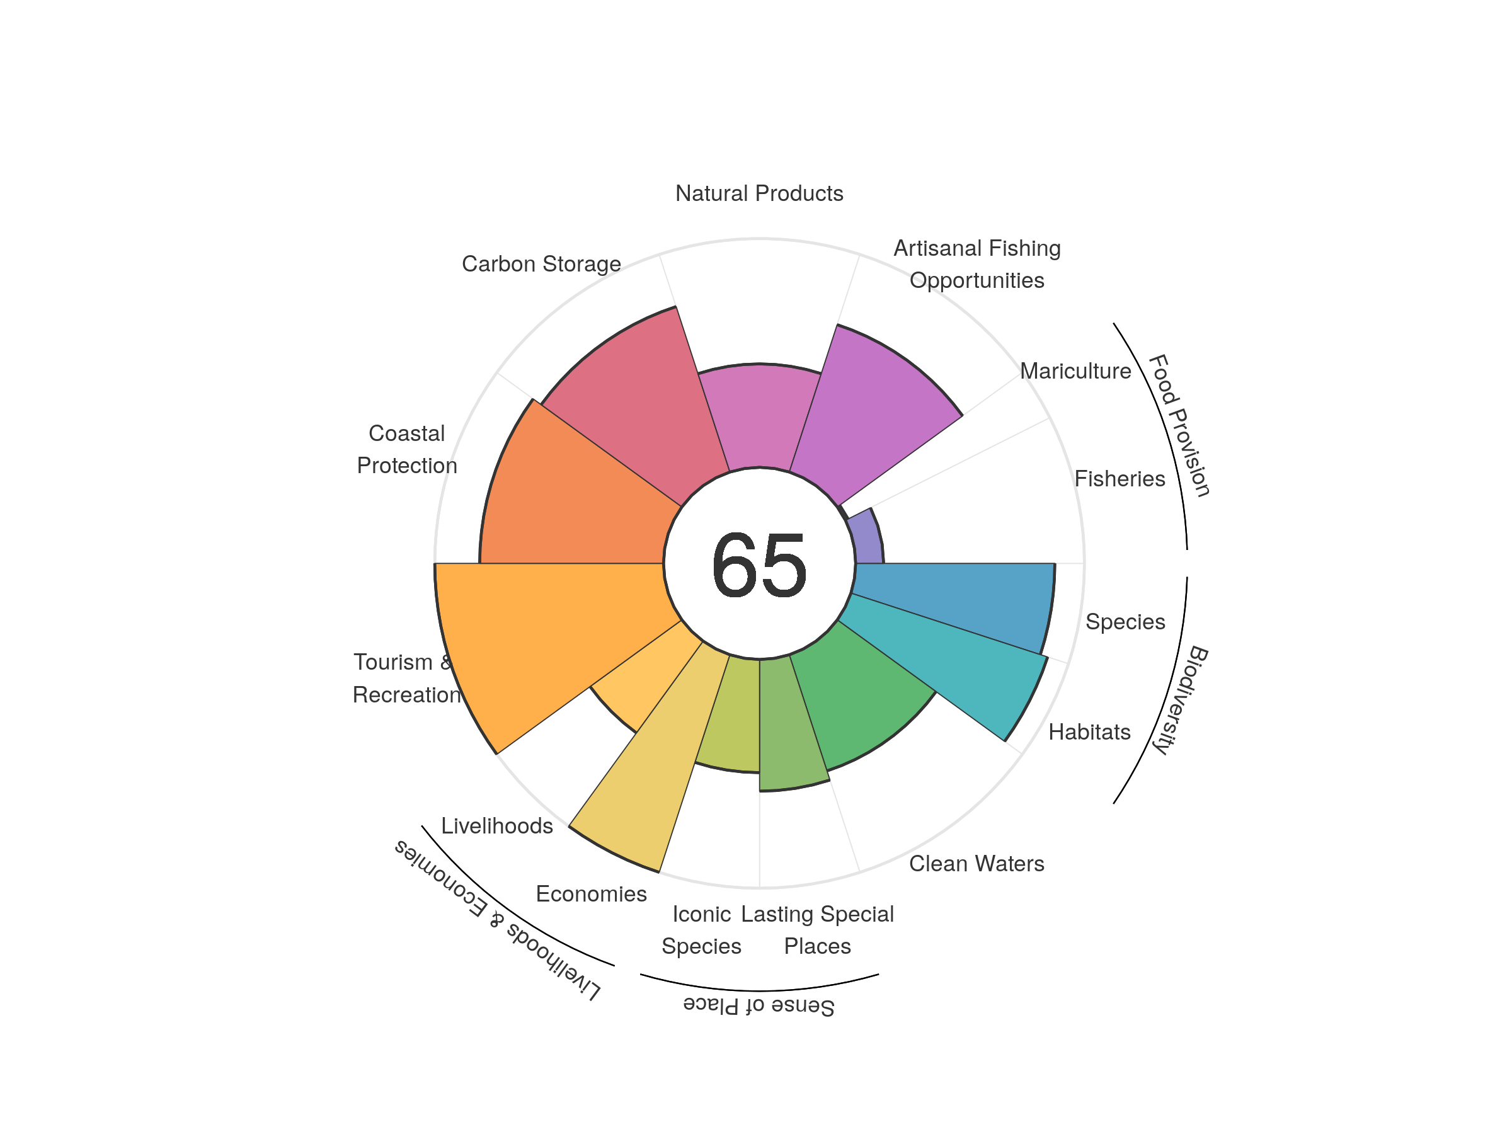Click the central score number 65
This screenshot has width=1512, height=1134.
tap(759, 564)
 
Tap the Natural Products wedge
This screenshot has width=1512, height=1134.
tap(759, 417)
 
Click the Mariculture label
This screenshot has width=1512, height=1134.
tap(1075, 371)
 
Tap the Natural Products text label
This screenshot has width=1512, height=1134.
tap(759, 193)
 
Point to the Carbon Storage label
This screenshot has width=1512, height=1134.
tap(541, 264)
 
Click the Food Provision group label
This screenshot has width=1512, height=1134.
tap(1180, 425)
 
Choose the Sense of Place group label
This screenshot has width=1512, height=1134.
tap(759, 1006)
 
